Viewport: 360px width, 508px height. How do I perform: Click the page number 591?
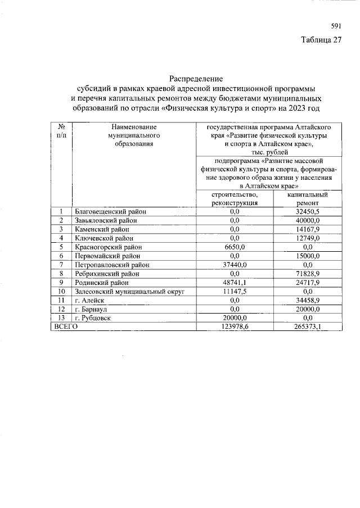tap(336, 26)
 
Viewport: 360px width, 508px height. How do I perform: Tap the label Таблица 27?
tap(321, 40)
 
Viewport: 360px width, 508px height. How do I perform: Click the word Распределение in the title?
tap(196, 78)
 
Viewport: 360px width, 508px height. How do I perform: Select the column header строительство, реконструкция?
tap(235, 198)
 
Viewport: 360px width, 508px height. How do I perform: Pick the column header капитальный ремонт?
tap(307, 198)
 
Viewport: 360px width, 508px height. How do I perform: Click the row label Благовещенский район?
tap(110, 212)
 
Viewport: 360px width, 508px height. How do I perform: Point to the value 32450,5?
tap(308, 212)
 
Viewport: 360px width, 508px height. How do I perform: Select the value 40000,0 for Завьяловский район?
tap(308, 220)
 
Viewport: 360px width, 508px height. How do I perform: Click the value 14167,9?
tap(308, 229)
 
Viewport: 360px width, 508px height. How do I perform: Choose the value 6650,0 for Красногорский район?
tap(235, 247)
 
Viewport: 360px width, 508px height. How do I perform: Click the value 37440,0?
tap(235, 265)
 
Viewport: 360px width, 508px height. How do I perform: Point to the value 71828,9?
tap(308, 274)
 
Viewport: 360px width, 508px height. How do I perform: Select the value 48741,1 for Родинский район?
tap(235, 283)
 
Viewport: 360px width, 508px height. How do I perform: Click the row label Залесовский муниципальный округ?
tap(130, 292)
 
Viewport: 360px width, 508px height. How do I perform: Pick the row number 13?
tap(61, 318)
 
